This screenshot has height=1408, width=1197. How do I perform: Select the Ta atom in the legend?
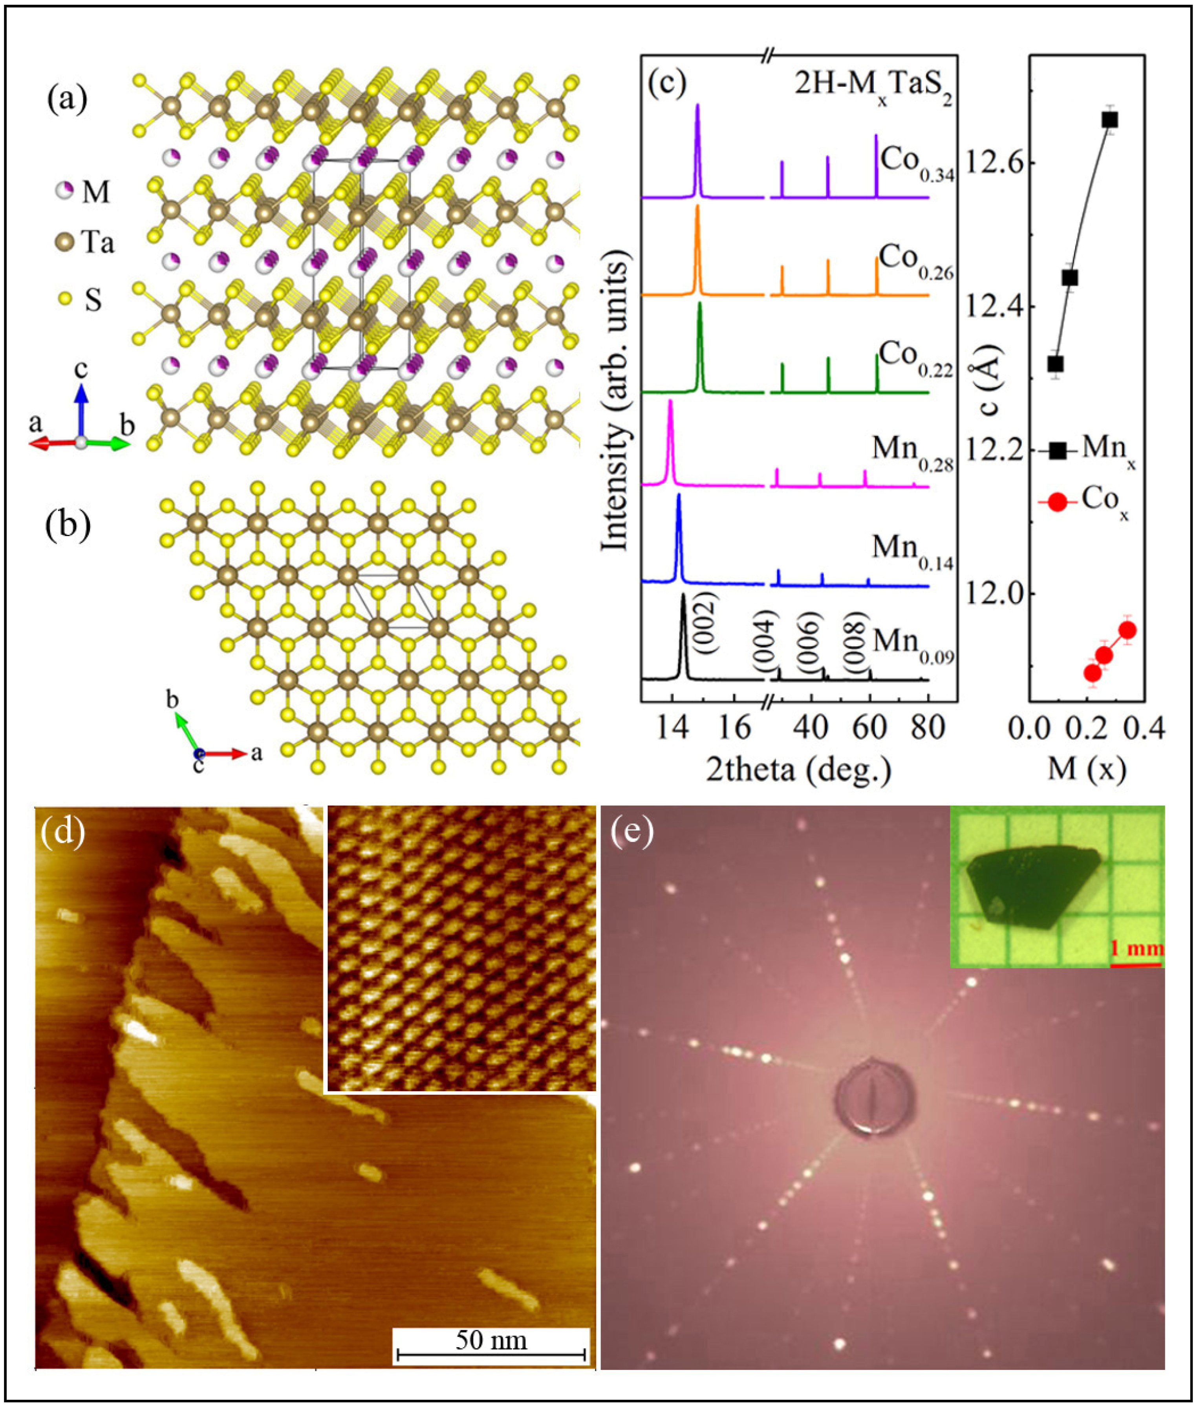tap(65, 241)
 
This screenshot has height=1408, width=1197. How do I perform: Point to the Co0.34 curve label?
tap(917, 163)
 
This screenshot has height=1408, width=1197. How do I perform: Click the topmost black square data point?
tap(1109, 119)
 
